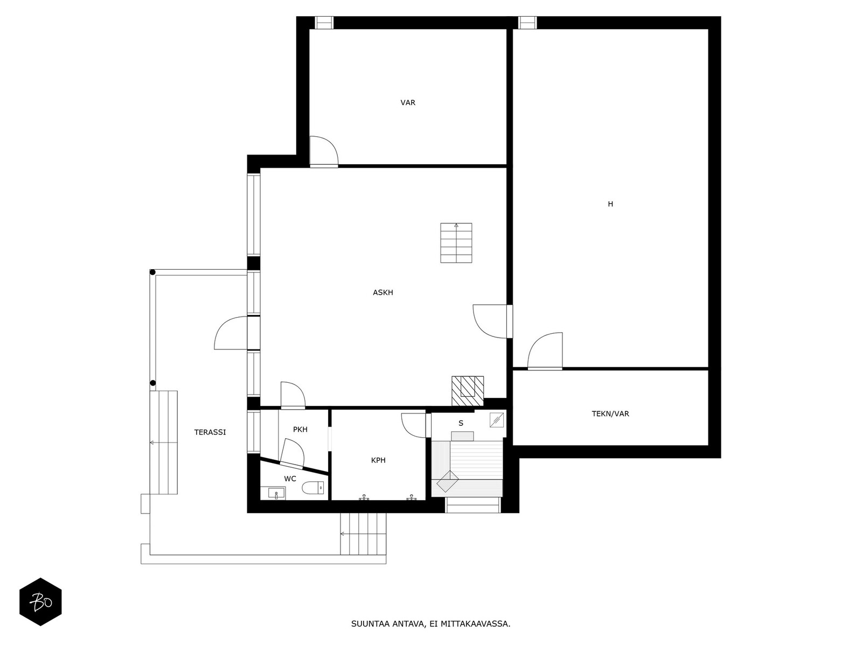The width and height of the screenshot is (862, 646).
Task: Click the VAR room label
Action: tap(408, 103)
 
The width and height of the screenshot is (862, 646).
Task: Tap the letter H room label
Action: tap(610, 204)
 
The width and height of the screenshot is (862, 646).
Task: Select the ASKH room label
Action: tap(383, 293)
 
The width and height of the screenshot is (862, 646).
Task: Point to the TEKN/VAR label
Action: tap(610, 414)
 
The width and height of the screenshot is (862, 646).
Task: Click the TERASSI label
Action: tap(210, 432)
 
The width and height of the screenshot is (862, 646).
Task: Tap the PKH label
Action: tap(300, 430)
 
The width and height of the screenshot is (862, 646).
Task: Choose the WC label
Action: tap(290, 479)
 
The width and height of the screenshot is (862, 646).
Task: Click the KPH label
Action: tap(378, 460)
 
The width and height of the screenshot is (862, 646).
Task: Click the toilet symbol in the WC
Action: tap(313, 488)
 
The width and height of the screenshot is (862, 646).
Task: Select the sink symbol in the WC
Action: tap(276, 492)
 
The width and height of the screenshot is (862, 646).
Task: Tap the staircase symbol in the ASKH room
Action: tap(456, 243)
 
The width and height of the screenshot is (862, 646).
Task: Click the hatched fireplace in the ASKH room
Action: tap(467, 391)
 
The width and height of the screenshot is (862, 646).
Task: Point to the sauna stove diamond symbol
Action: tap(447, 481)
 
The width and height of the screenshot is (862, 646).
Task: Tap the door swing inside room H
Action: tap(545, 351)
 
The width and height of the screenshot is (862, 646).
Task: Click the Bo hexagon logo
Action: tap(40, 602)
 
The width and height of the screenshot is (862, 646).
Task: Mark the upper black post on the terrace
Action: tap(153, 272)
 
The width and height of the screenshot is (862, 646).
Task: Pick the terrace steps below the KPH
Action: tap(364, 534)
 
